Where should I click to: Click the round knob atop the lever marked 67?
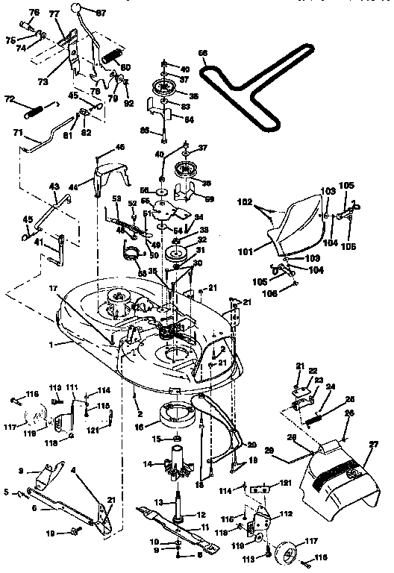[x=77, y=8]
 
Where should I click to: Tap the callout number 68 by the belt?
[x=201, y=52]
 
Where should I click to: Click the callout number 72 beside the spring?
[x=10, y=98]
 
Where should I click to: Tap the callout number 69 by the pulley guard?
[x=210, y=199]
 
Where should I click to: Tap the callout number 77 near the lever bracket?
[x=54, y=14]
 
